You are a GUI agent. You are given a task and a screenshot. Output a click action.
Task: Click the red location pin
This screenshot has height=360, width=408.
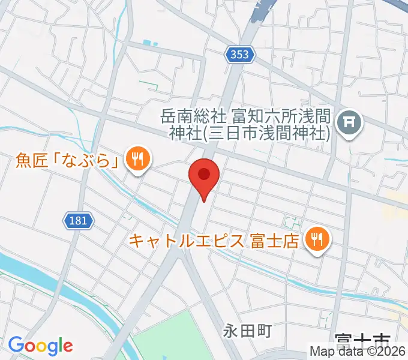[x=204, y=179]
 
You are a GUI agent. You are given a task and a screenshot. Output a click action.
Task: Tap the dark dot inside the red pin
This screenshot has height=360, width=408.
[x=204, y=175]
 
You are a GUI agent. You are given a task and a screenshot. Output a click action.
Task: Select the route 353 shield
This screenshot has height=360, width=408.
[x=241, y=55]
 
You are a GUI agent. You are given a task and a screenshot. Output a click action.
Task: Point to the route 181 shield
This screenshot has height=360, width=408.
[x=77, y=221]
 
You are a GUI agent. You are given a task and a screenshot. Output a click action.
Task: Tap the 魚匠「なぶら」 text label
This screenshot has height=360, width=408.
[x=66, y=160]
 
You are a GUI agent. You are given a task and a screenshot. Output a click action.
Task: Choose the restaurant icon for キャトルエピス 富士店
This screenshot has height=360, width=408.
[x=315, y=241]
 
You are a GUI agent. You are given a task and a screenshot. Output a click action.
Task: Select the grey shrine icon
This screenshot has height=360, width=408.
[x=350, y=124]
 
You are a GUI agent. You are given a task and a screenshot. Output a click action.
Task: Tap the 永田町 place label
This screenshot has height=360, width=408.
[x=248, y=330]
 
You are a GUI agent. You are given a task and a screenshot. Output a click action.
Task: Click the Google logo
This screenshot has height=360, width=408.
[x=40, y=346]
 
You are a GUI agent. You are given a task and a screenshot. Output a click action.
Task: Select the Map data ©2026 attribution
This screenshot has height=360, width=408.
[x=357, y=352]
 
